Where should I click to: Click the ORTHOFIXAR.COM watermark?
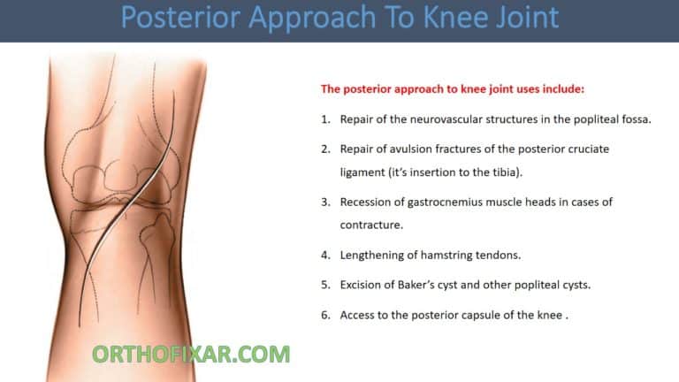191,355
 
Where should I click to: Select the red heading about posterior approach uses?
452,89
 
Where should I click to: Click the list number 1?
325,119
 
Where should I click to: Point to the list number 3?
325,202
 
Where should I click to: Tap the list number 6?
325,315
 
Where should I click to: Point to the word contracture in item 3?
371,225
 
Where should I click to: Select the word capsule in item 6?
499,315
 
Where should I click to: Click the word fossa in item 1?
634,119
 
